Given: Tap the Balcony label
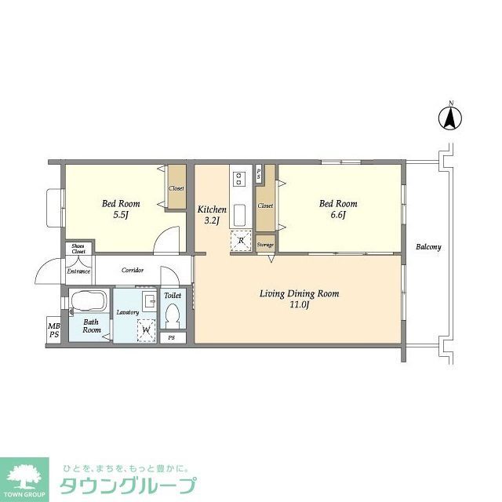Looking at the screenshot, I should click(428, 247).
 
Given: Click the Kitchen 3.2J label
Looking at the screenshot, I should click(212, 215).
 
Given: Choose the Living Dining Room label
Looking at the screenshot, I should click(299, 299).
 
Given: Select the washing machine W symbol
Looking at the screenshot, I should click(146, 330).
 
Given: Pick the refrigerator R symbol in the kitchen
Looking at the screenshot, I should click(241, 241).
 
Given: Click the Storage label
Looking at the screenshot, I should click(265, 246).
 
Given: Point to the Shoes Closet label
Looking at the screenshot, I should click(78, 249).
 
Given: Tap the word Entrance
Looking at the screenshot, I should click(78, 271).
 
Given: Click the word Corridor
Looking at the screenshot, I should click(133, 271).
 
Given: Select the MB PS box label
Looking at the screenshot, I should click(53, 331).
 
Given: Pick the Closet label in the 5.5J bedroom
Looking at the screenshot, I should click(176, 189).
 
